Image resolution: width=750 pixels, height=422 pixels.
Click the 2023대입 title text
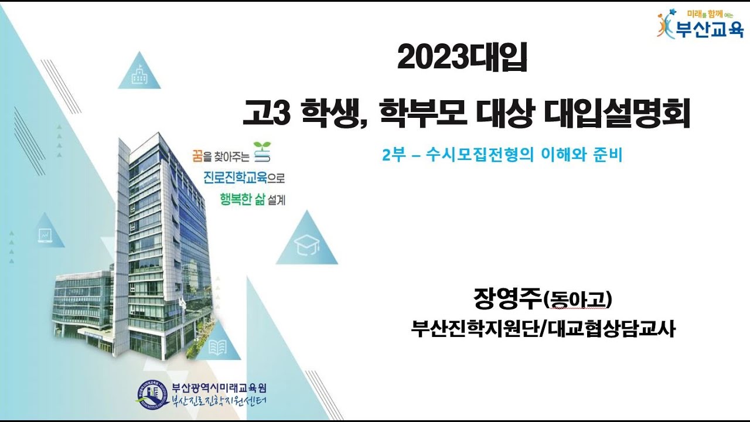point(462,57)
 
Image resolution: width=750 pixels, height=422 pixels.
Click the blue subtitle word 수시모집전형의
point(479,155)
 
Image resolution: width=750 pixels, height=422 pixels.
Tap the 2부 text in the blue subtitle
point(394,155)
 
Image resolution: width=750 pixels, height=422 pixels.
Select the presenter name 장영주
point(507,299)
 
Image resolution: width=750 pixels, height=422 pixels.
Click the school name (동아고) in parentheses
point(577,300)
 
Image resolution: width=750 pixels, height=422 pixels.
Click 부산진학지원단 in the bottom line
point(475,329)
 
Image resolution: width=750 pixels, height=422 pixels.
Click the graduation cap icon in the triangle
point(306,245)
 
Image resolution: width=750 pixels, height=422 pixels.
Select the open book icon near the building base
point(217,347)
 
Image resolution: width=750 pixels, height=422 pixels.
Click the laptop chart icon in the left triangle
point(45,236)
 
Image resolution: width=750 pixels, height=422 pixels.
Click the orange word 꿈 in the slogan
point(197,156)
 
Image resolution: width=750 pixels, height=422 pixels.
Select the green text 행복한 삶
point(243,199)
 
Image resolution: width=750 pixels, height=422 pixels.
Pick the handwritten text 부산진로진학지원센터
point(219,401)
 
